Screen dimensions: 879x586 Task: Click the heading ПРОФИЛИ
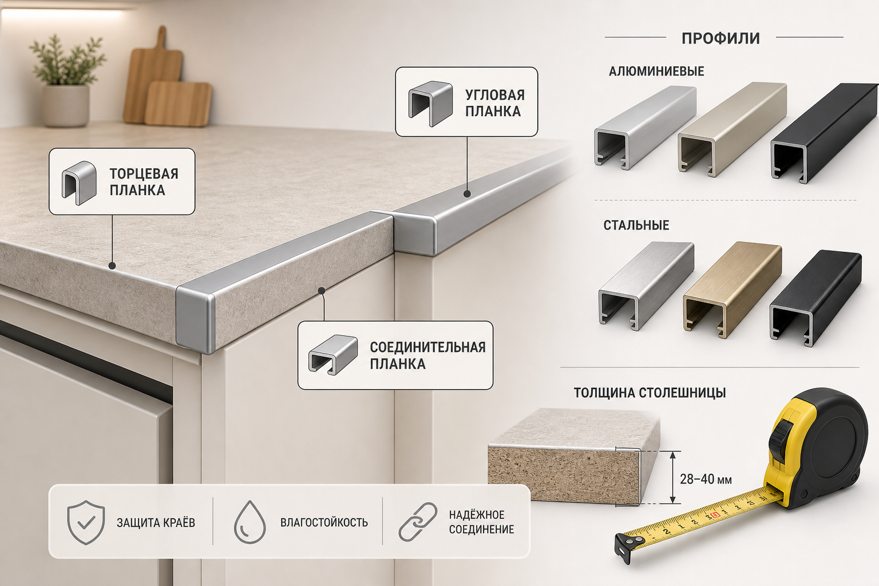coord(720,38)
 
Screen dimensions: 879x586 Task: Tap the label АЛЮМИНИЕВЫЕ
coord(656,71)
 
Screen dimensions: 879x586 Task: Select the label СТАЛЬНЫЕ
coord(636,225)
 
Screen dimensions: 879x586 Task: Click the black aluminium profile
coord(824,133)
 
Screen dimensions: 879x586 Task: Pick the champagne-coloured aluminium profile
coord(732,129)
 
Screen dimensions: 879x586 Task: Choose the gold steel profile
coord(732,290)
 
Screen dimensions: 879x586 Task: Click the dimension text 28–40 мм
coord(706,479)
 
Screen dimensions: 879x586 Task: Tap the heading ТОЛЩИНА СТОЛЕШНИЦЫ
coord(650,393)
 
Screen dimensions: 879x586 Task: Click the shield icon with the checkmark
coord(86,522)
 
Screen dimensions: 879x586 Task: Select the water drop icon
coord(250,522)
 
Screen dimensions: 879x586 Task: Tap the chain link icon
coord(418,522)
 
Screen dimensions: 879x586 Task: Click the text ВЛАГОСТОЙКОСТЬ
coord(324,522)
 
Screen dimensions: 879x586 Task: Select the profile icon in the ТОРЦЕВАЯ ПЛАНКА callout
coord(79,183)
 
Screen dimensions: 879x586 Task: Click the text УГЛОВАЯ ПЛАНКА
coord(495,103)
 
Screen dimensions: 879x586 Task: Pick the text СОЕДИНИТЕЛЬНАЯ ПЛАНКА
coord(427,355)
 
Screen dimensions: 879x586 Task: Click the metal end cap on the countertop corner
coord(195,319)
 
